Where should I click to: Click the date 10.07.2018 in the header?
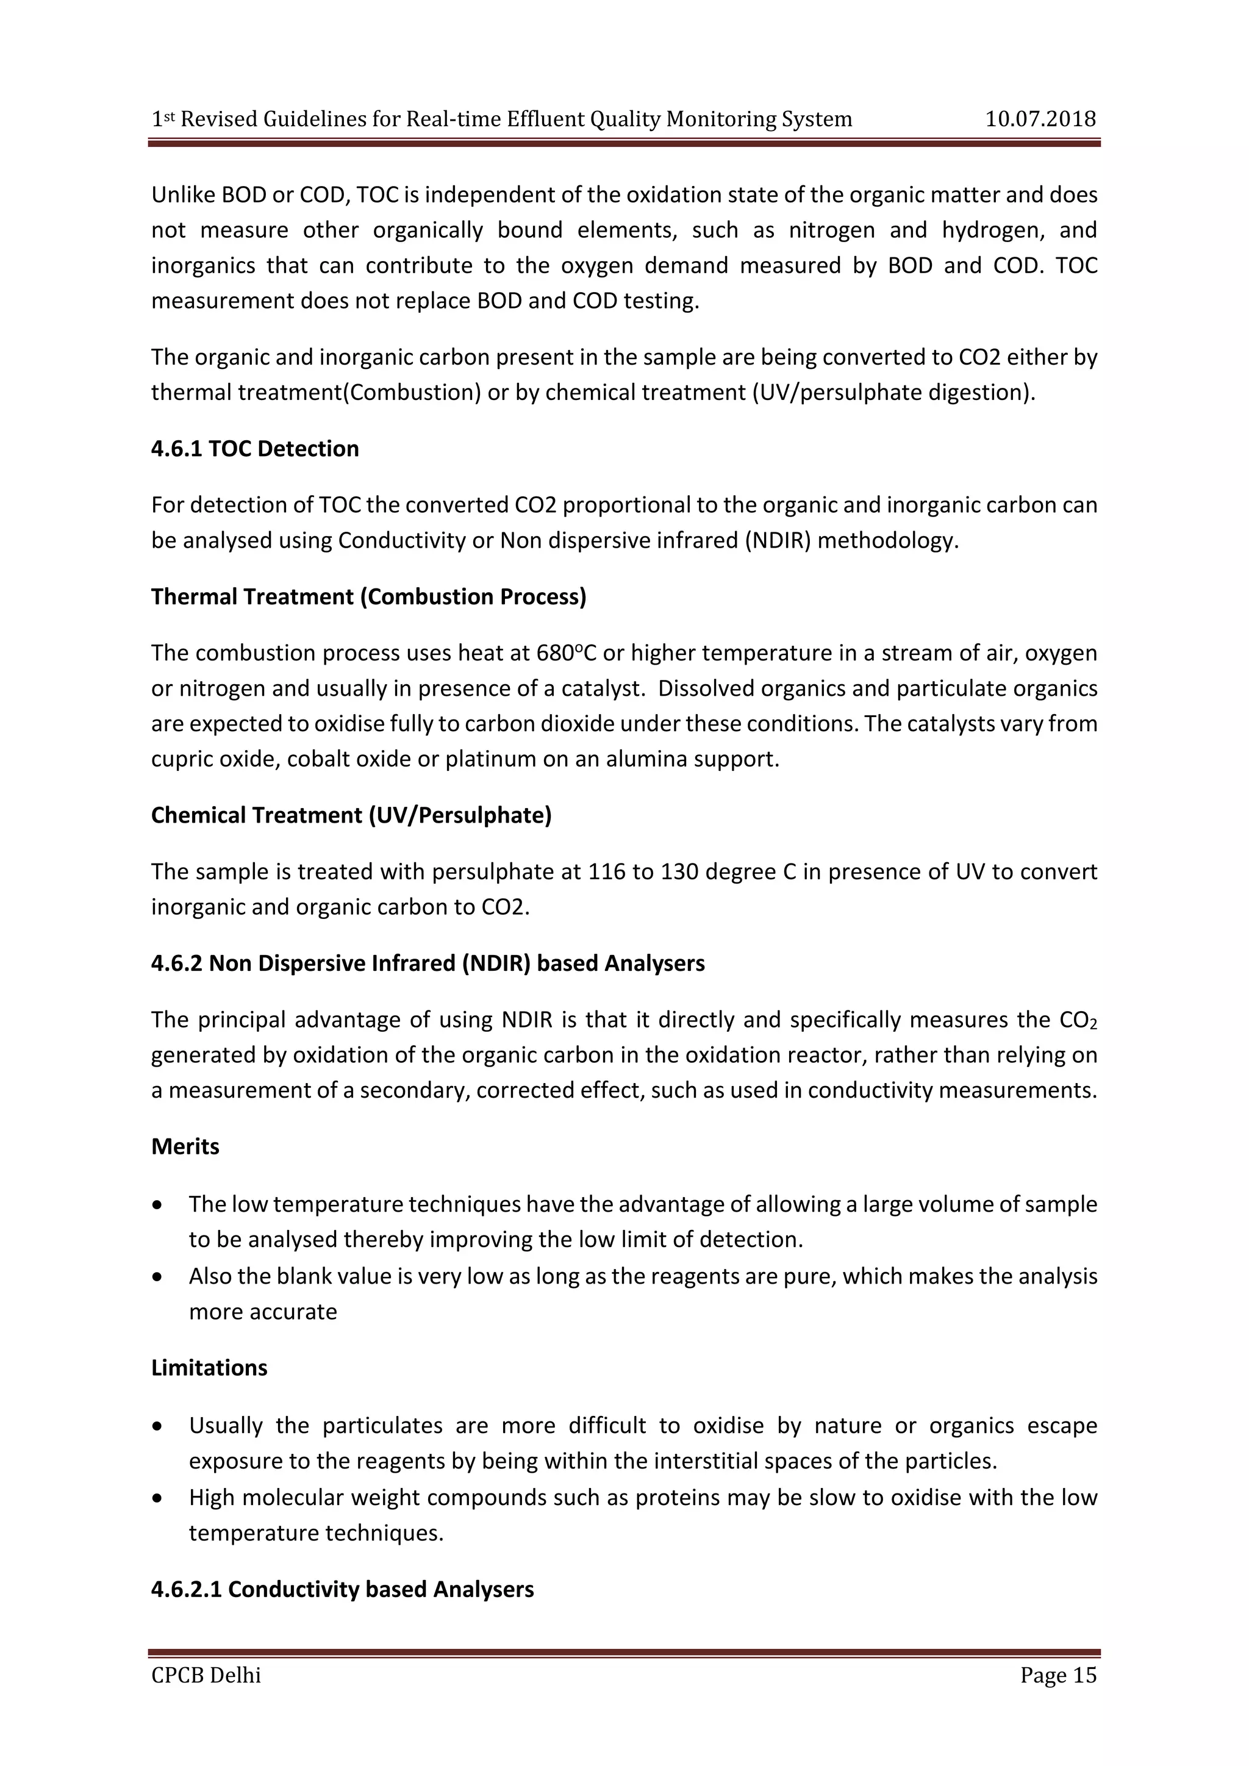(x=1040, y=120)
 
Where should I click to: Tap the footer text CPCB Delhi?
(x=206, y=1675)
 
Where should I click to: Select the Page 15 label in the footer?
(x=1058, y=1675)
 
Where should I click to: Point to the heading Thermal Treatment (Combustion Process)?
(x=368, y=596)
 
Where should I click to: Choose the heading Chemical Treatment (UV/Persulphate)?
(x=351, y=815)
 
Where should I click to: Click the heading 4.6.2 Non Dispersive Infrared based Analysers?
(x=428, y=963)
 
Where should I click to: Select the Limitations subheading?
(x=209, y=1368)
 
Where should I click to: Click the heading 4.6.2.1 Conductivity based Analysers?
(x=342, y=1589)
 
